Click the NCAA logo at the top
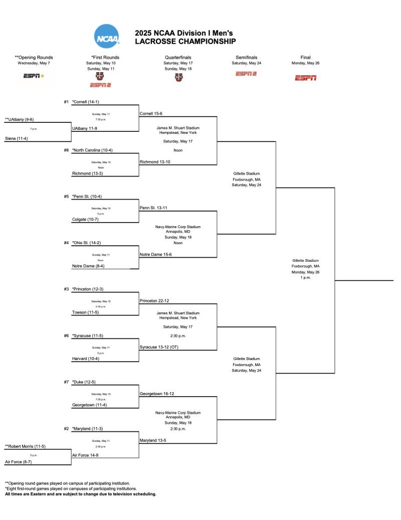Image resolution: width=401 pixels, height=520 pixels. click(107, 36)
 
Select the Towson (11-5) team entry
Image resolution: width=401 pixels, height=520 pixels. click(85, 312)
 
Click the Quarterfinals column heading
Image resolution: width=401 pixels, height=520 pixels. click(178, 57)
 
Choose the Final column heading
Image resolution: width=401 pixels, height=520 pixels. click(305, 57)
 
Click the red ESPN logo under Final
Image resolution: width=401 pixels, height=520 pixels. click(305, 78)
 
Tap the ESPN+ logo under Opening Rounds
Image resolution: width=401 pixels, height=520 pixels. click(34, 76)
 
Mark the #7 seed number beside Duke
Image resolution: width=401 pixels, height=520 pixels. click(67, 382)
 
